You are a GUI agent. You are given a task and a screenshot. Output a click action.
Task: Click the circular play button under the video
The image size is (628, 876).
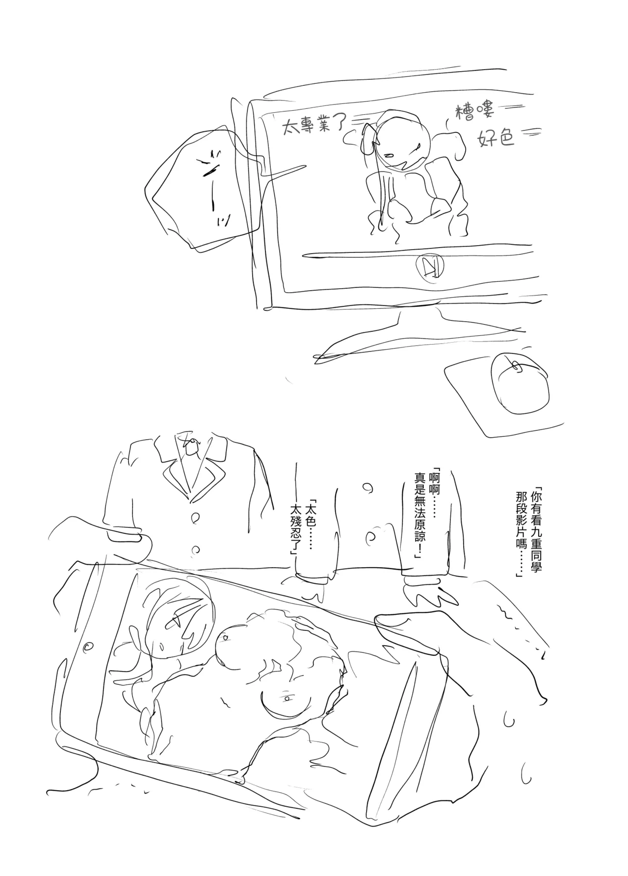pos(427,267)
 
